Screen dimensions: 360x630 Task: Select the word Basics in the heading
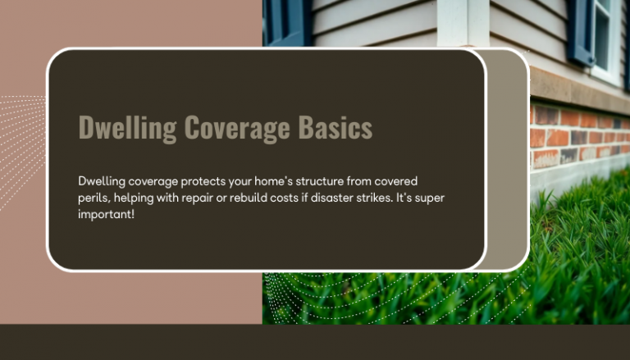[x=337, y=129]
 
